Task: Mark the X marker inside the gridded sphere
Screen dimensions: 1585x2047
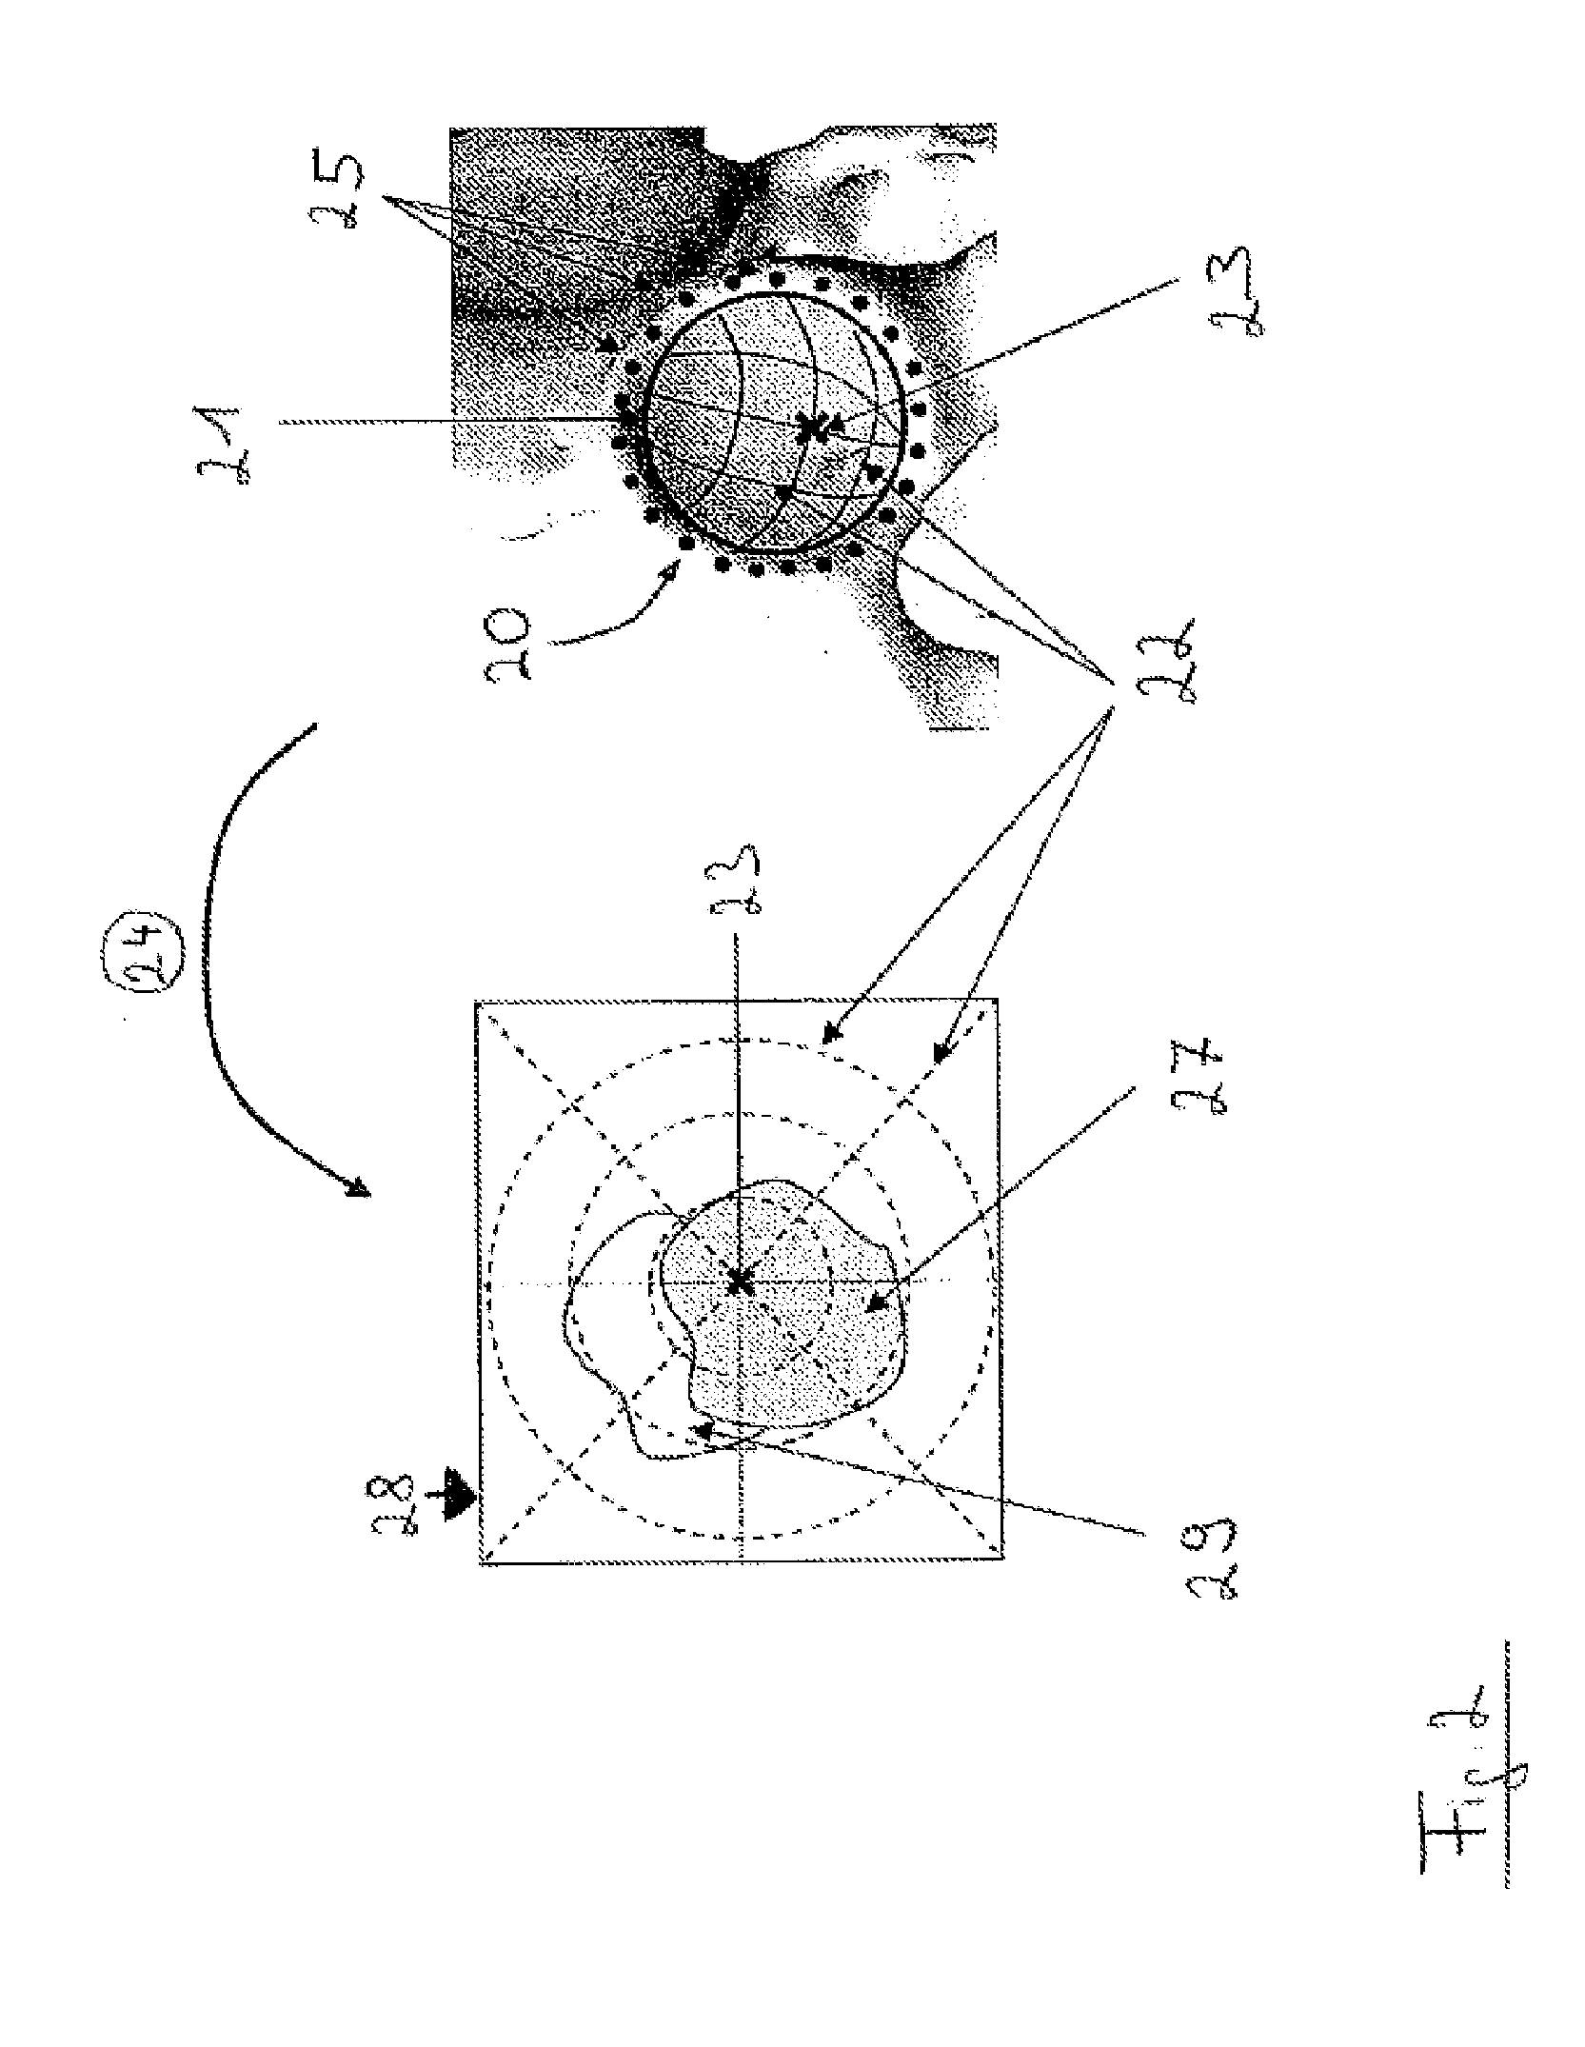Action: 812,428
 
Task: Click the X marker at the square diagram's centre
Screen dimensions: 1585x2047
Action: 739,1283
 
